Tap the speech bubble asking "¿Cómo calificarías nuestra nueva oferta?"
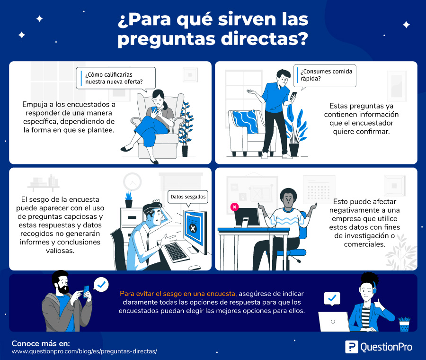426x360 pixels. [x=116, y=78]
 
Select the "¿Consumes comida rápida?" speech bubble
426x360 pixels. [x=325, y=76]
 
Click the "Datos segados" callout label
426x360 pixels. [x=188, y=197]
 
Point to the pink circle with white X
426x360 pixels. [x=234, y=207]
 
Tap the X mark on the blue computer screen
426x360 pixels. [x=193, y=228]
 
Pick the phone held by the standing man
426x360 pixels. [x=293, y=96]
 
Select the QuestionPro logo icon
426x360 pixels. [x=352, y=347]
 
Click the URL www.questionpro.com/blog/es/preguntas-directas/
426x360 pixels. [x=85, y=351]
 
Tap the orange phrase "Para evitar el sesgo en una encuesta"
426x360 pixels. [x=178, y=294]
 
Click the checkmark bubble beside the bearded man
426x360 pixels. [x=101, y=285]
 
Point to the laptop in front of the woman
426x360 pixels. [x=334, y=322]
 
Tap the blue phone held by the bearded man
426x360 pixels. [x=86, y=292]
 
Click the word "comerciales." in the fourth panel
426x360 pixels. [x=364, y=244]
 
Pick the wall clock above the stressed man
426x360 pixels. [x=133, y=181]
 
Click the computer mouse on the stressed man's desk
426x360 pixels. [x=195, y=268]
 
